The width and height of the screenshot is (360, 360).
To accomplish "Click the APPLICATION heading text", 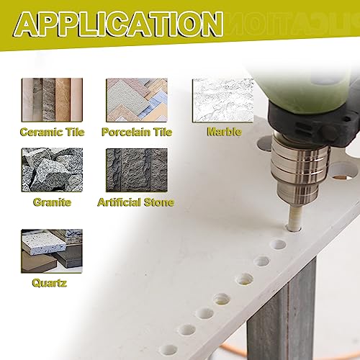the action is pyautogui.click(x=118, y=24).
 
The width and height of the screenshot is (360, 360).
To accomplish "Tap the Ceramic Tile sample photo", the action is pyautogui.click(x=52, y=100).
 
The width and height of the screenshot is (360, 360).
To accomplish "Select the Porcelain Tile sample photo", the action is pyautogui.click(x=137, y=100).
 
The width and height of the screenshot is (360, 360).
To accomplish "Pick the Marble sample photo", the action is pyautogui.click(x=223, y=100).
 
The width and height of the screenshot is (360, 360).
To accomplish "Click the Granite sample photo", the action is pyautogui.click(x=52, y=170).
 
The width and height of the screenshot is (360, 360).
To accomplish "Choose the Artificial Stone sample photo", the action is pyautogui.click(x=137, y=170).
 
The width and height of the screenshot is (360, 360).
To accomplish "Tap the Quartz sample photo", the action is pyautogui.click(x=52, y=251).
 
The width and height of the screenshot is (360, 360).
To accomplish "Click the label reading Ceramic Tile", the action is pyautogui.click(x=53, y=132).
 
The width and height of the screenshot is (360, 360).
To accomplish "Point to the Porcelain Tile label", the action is pyautogui.click(x=137, y=132).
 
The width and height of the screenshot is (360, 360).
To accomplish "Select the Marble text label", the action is pyautogui.click(x=224, y=132).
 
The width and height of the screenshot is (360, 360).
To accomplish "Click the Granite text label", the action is pyautogui.click(x=52, y=202).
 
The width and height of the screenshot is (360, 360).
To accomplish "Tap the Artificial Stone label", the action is pyautogui.click(x=136, y=202).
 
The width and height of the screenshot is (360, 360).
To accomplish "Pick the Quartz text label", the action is pyautogui.click(x=49, y=283).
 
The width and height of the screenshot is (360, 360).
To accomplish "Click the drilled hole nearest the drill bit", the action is pyautogui.click(x=278, y=245).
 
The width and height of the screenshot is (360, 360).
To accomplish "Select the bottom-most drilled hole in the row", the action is pyautogui.click(x=168, y=350).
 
